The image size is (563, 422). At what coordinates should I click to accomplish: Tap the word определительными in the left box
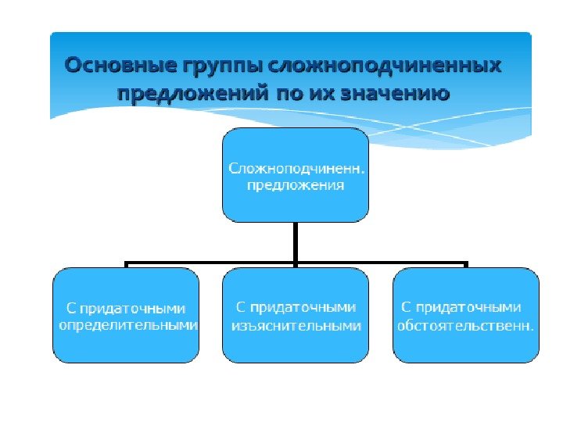[129, 325]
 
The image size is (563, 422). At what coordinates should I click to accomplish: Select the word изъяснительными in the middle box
[296, 325]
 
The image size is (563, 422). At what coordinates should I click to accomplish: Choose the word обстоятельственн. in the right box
[466, 325]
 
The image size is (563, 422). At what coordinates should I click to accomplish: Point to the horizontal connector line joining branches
[211, 263]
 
